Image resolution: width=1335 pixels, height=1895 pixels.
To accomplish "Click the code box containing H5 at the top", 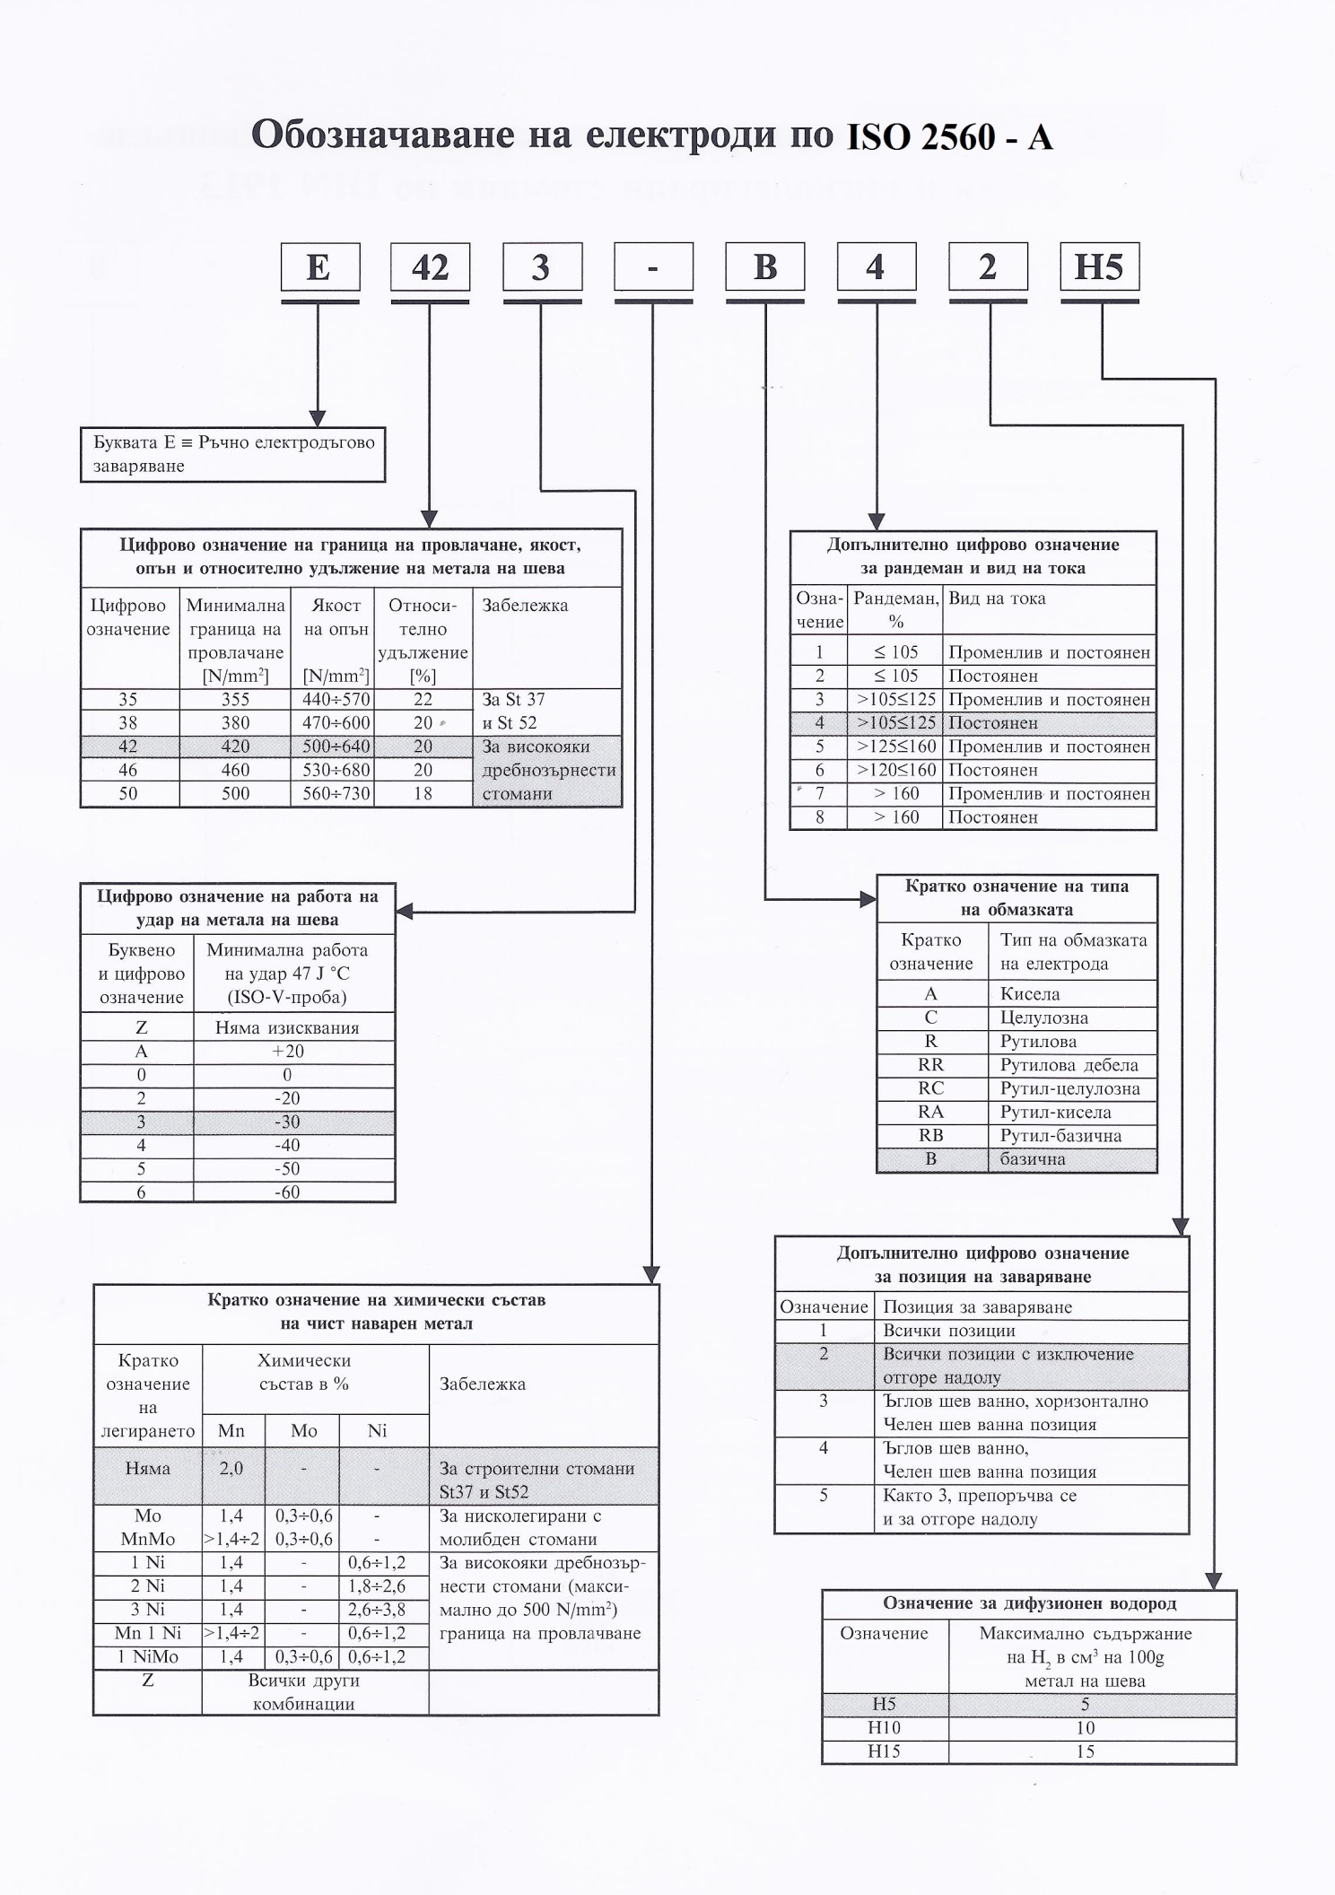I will tap(1099, 267).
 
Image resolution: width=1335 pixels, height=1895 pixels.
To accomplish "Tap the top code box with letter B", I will tap(764, 267).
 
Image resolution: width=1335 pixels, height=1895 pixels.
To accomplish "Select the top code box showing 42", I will tap(430, 267).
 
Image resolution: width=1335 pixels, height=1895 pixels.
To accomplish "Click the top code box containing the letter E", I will tap(319, 267).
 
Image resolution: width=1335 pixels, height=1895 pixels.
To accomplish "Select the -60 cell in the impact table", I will tap(288, 1192).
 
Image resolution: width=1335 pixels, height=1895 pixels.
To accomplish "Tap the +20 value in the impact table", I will tap(288, 1052).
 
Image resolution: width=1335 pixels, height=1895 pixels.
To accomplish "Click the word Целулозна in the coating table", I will tap(1043, 1017).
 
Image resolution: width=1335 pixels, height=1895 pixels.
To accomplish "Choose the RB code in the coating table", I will tap(930, 1135).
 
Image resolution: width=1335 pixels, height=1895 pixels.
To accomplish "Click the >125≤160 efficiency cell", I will tap(895, 747).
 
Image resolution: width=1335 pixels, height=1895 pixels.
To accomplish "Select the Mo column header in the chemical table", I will tap(303, 1431).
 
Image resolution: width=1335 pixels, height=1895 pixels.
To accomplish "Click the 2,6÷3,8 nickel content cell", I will tap(377, 1610).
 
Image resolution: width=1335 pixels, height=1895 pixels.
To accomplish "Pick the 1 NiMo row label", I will tap(148, 1656).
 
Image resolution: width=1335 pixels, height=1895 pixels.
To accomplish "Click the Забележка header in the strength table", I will tap(525, 606).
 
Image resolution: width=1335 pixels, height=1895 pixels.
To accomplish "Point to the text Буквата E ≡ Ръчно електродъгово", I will tap(233, 442).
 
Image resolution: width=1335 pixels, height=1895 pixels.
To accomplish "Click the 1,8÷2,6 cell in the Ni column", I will tap(377, 1586).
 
